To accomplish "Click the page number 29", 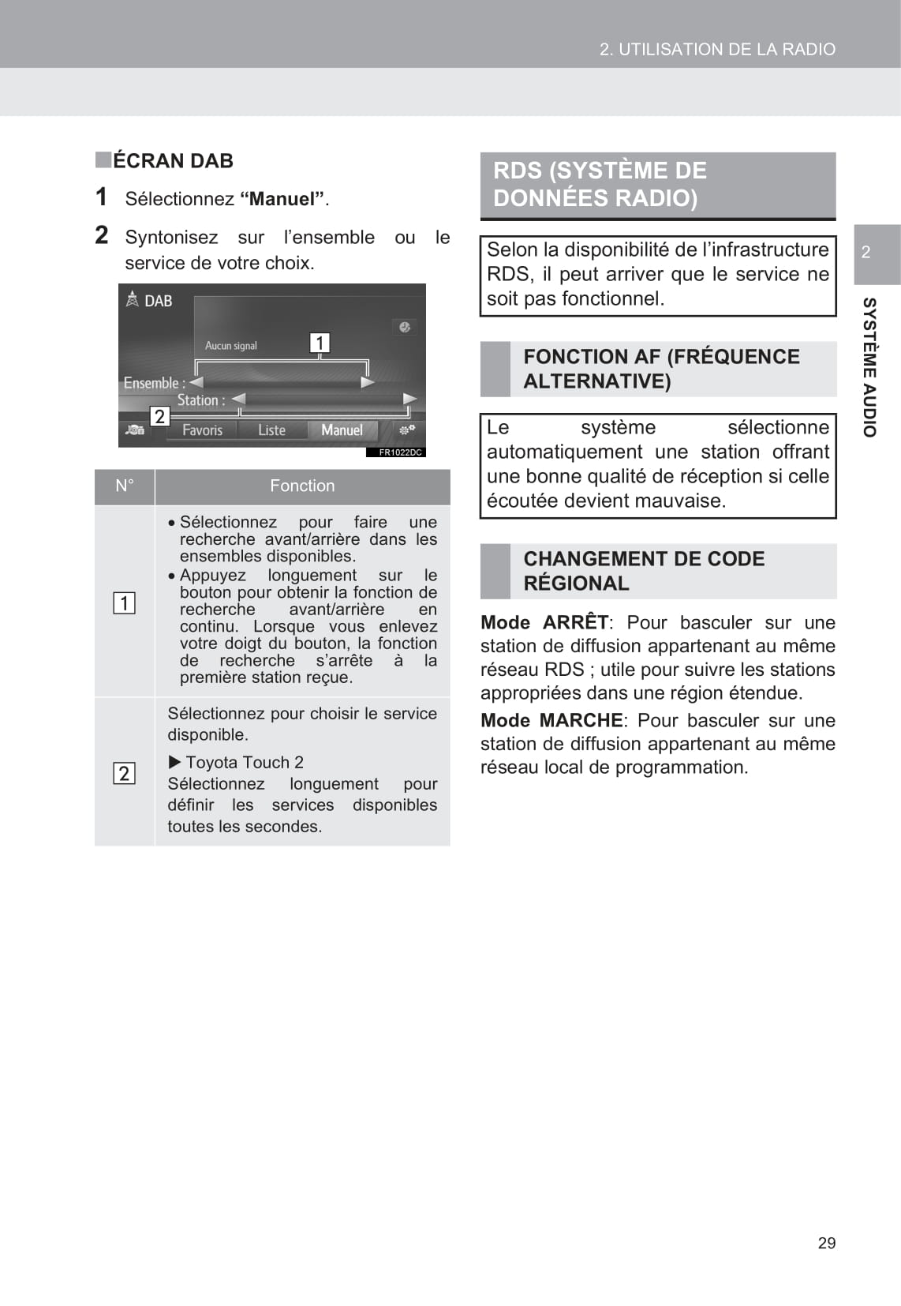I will tap(826, 1243).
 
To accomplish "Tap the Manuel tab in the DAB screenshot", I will tap(342, 430).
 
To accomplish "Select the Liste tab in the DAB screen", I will tap(271, 430).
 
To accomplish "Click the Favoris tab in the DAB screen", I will tap(202, 430).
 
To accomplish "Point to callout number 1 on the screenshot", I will tap(320, 343).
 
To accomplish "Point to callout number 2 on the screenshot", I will tap(159, 416).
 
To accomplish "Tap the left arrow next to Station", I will tap(238, 400).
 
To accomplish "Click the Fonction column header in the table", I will tap(302, 486).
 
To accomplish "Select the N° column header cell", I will tap(125, 486).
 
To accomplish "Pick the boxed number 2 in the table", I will tap(124, 773).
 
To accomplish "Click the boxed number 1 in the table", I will tap(124, 603).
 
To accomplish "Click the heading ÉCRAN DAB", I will tap(173, 161).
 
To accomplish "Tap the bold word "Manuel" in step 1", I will tap(282, 199).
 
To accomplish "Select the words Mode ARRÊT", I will tap(544, 623).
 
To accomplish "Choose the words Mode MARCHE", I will tap(551, 721).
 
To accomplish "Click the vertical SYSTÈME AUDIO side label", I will tap(869, 367).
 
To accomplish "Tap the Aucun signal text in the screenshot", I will tap(231, 346).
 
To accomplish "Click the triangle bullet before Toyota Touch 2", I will tap(174, 762).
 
